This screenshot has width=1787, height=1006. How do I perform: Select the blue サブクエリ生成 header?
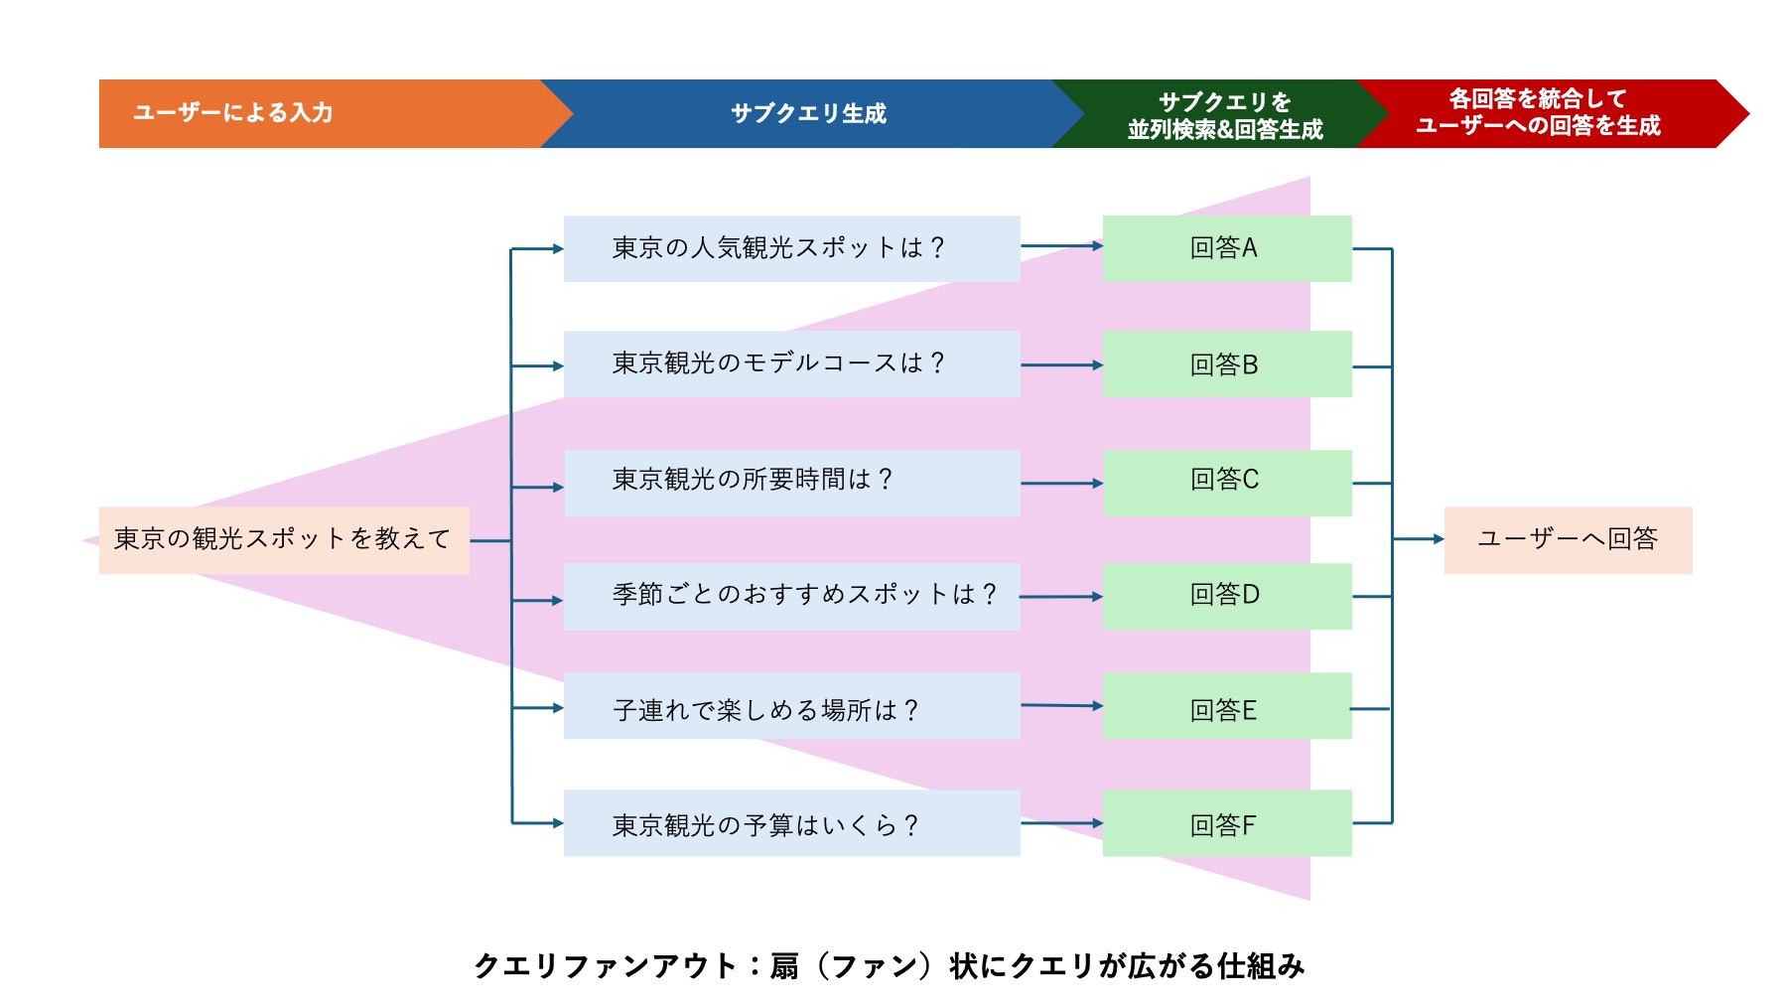(808, 113)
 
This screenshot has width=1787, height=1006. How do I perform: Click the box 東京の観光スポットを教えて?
(284, 539)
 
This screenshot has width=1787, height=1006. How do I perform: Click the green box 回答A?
(1226, 248)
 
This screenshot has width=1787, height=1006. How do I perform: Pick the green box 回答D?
(1226, 596)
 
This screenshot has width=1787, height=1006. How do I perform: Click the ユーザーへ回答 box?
(1568, 539)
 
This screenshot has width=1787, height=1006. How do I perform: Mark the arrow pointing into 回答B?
(1062, 365)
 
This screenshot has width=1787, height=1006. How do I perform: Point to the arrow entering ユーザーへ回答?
(1420, 539)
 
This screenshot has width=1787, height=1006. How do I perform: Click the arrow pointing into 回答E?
(1062, 705)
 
